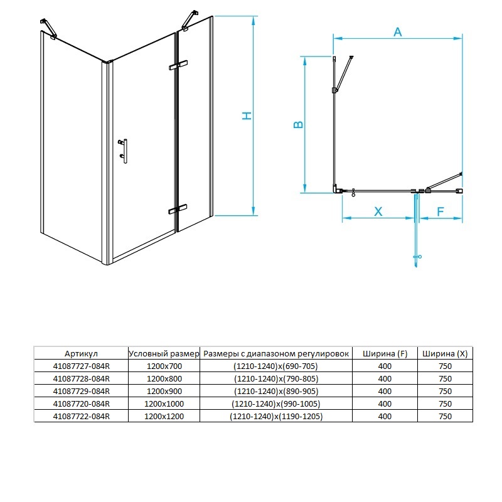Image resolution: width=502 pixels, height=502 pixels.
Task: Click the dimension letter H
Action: pyautogui.click(x=247, y=115)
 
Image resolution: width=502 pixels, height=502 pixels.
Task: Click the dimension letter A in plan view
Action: pyautogui.click(x=398, y=32)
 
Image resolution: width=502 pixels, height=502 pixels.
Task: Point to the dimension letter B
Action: pyautogui.click(x=299, y=124)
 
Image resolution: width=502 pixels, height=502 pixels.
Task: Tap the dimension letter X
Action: pyautogui.click(x=378, y=211)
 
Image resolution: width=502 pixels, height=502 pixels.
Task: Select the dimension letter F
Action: pyautogui.click(x=441, y=211)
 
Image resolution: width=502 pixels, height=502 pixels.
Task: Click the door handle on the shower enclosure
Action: pyautogui.click(x=123, y=151)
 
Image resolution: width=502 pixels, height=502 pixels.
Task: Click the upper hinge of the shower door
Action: pyautogui.click(x=178, y=65)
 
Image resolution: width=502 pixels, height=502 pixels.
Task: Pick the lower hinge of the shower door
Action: pyautogui.click(x=178, y=209)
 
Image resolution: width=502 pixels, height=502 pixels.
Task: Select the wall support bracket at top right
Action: pyautogui.click(x=190, y=21)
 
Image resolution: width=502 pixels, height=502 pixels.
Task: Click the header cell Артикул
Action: pyautogui.click(x=81, y=354)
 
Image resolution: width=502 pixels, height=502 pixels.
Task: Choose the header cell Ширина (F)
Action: pyautogui.click(x=385, y=354)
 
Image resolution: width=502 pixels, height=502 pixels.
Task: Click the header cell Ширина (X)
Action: pyautogui.click(x=445, y=354)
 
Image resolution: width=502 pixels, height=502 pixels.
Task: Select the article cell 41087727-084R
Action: pyautogui.click(x=82, y=366)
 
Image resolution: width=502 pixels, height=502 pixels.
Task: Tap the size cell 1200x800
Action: pyautogui.click(x=164, y=379)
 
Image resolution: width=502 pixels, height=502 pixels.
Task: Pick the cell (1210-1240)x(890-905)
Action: pyautogui.click(x=276, y=391)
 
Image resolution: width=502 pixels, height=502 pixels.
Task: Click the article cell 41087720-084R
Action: pyautogui.click(x=82, y=403)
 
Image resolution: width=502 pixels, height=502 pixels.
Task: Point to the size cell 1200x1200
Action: pyautogui.click(x=164, y=416)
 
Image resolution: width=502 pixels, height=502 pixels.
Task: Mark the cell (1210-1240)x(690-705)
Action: pyautogui.click(x=275, y=366)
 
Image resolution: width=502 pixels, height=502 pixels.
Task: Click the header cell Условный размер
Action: pyautogui.click(x=164, y=354)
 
